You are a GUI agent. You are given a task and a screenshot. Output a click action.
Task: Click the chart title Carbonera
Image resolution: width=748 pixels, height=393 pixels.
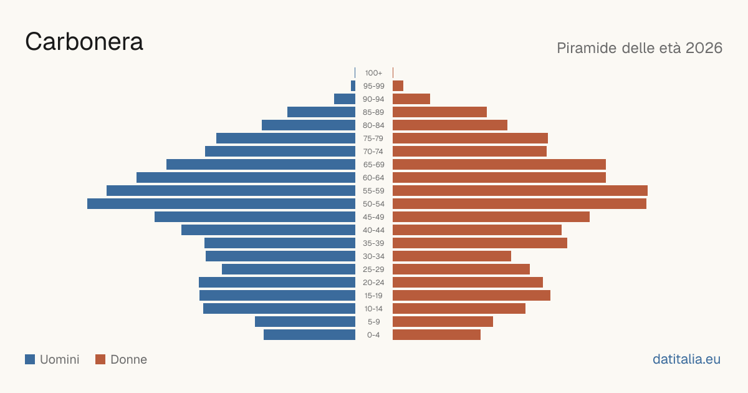(84, 42)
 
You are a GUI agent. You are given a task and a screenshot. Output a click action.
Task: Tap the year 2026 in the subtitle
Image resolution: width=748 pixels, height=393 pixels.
(704, 48)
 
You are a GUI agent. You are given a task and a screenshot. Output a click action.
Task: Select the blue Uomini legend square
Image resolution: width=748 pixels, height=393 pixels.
(30, 359)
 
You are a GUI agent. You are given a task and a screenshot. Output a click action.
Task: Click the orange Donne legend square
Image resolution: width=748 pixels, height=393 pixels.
(100, 359)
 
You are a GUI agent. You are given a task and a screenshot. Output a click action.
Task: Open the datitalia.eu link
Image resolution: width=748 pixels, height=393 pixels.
(686, 359)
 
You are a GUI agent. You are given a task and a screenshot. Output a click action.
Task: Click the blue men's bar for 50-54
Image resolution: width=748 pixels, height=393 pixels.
(221, 204)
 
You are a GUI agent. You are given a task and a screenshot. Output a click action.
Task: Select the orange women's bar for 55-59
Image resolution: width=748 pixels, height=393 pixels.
(520, 191)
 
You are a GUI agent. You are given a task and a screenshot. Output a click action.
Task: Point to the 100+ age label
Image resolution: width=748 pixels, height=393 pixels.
(373, 73)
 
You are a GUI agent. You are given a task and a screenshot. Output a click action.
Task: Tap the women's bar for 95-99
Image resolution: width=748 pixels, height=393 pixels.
(398, 86)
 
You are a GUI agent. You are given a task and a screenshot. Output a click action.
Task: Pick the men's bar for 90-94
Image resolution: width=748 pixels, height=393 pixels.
(345, 99)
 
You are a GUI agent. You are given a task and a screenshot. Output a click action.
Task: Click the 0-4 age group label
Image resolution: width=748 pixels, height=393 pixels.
(373, 335)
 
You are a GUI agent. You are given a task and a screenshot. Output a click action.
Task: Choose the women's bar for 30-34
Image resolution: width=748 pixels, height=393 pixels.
(452, 256)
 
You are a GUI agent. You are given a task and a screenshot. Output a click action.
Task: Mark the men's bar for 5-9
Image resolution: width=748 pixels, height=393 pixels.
(305, 322)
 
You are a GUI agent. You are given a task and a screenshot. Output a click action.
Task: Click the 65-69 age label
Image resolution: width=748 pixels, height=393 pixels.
(373, 165)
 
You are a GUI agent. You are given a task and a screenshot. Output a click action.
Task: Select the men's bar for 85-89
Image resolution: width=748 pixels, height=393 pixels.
(321, 112)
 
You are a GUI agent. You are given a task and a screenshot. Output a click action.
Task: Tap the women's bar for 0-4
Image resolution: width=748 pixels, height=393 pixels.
(436, 335)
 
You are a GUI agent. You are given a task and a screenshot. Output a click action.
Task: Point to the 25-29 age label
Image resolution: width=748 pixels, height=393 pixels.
(373, 269)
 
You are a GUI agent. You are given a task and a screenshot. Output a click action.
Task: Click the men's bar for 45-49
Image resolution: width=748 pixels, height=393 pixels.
(255, 217)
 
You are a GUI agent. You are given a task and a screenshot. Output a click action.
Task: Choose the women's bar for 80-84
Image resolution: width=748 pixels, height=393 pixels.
(450, 125)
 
